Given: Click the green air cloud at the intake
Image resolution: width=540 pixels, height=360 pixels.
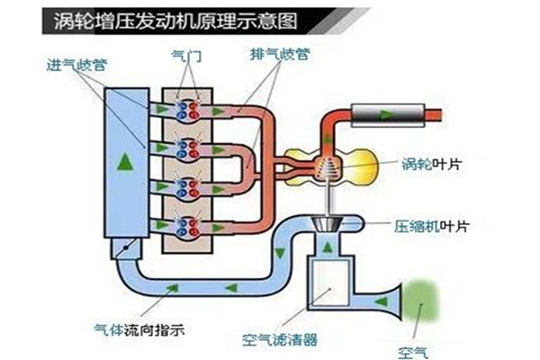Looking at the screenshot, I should coord(427,299).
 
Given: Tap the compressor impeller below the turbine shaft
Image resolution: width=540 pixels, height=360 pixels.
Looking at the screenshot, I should coord(326,223).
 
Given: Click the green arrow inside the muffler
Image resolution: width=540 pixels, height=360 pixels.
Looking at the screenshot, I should coord(385,114).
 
